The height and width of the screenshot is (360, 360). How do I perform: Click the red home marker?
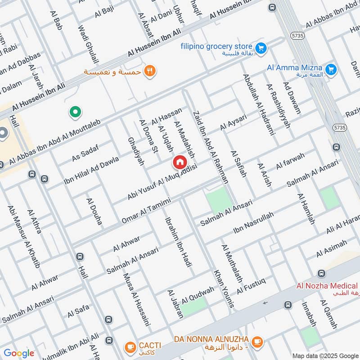tap(180, 162)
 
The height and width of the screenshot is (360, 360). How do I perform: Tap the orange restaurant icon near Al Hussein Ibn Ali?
tap(150, 71)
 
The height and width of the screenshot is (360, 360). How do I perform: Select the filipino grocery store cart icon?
tap(260, 47)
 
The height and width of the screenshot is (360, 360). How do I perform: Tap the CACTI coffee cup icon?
tap(130, 347)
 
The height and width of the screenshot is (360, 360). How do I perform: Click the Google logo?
tap(19, 353)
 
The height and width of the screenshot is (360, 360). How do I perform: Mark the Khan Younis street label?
tap(224, 288)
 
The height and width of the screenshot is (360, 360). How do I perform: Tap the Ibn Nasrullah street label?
tap(253, 224)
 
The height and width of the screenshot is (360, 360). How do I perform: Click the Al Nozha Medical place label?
tap(327, 286)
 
